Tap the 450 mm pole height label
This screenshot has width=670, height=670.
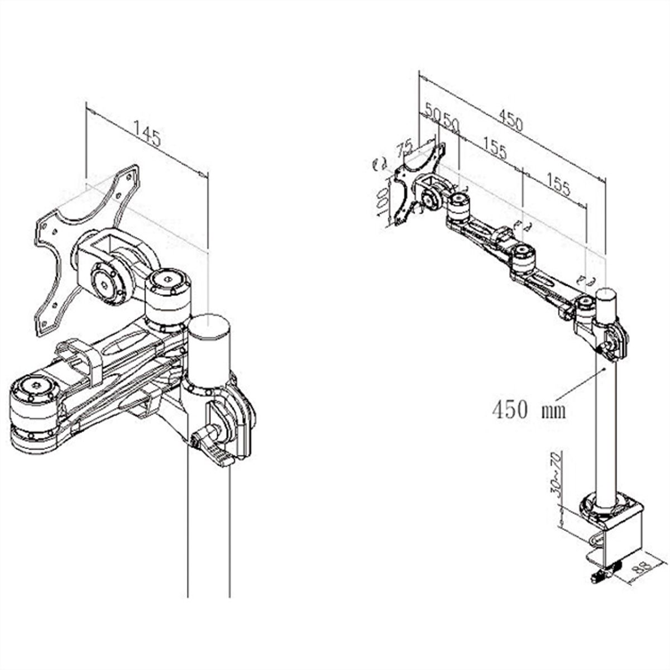coord(528,410)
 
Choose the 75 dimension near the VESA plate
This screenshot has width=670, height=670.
coord(404,150)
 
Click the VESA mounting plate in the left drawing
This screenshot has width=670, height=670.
coord(84,246)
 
